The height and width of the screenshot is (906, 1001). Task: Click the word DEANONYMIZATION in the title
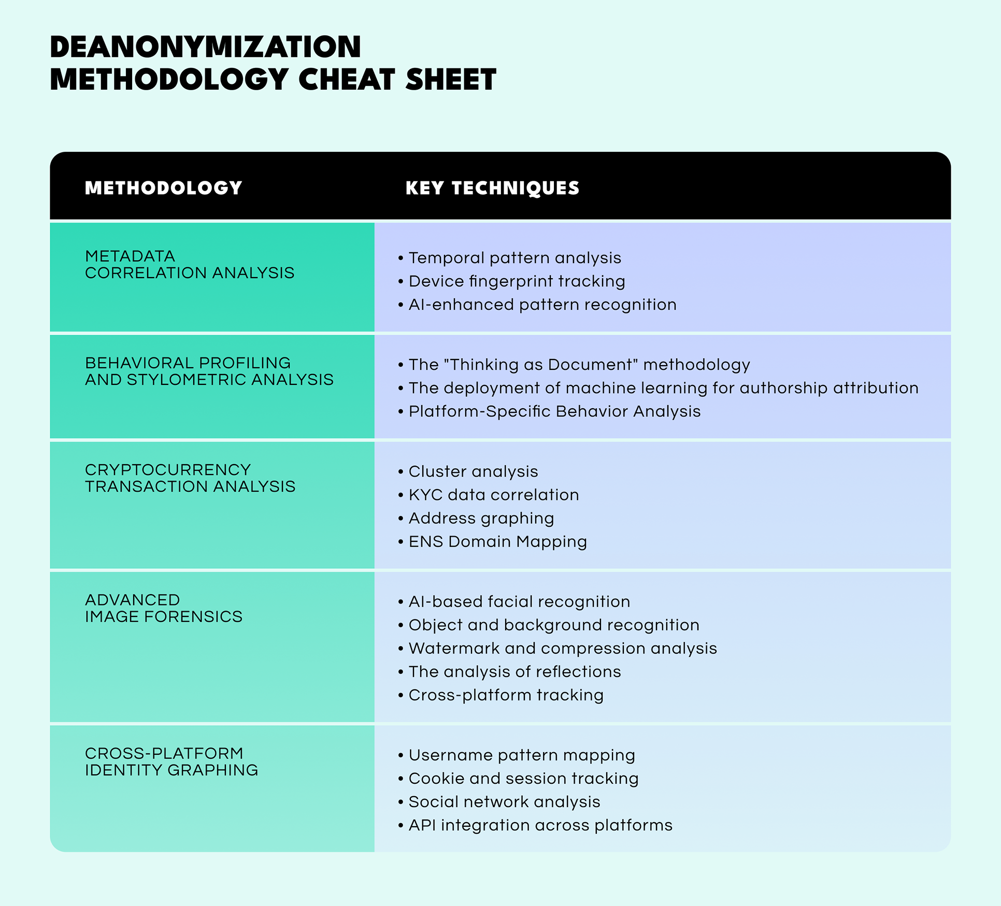point(205,47)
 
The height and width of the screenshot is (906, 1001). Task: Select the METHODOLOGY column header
point(163,188)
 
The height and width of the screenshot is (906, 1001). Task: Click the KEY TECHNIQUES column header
point(492,188)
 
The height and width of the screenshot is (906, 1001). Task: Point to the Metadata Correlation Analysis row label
point(189,265)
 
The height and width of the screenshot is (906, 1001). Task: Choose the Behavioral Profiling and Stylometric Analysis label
point(209,371)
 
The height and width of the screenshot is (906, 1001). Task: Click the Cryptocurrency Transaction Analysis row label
point(190,478)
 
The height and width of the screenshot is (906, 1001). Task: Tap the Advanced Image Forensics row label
point(163,608)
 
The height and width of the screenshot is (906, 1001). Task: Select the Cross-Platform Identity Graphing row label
point(171,761)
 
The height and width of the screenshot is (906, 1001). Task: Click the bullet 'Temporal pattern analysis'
point(514,258)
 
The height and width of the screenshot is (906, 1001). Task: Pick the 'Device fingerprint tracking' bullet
point(517,281)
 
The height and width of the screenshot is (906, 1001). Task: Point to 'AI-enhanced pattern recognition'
point(542,305)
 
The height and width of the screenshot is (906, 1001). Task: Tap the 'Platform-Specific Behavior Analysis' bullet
point(554,411)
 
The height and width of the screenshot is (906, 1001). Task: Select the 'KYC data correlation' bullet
point(493,495)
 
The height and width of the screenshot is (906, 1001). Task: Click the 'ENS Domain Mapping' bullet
point(497,541)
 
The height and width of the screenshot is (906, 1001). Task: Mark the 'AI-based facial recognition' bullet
point(519,601)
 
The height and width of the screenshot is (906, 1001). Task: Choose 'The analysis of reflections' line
point(514,671)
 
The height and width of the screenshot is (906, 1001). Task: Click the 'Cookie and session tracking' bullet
point(523,778)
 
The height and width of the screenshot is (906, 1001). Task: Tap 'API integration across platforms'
point(540,825)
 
